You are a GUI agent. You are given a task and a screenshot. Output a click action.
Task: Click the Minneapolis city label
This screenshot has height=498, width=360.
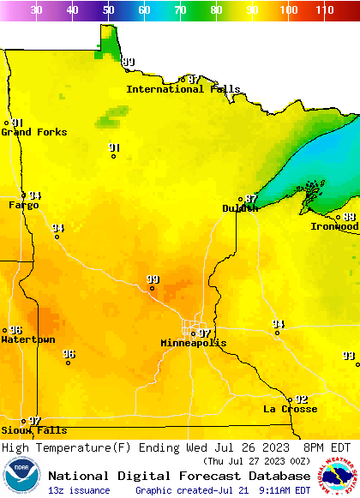coord(194,343)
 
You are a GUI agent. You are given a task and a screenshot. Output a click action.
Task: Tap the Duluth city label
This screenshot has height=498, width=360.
coord(240,208)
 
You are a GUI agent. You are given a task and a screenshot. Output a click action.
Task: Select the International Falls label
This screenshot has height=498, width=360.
coord(183,89)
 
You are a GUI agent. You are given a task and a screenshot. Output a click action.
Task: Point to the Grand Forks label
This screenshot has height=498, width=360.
coord(34,132)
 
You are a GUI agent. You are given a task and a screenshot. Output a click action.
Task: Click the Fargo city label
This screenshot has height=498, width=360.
coord(24,206)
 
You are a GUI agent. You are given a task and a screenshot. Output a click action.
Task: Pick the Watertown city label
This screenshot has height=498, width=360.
coord(28,340)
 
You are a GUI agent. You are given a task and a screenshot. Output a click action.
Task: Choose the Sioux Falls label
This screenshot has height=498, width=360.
coord(33,430)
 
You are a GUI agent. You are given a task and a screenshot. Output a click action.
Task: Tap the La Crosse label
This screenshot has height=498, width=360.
coord(290,409)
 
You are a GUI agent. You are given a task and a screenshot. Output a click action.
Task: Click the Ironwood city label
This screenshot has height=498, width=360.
coord(334,226)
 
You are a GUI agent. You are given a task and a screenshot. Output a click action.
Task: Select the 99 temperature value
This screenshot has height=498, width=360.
coord(153,279)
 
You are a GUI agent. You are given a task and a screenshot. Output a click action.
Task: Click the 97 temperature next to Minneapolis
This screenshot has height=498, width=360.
coord(204,333)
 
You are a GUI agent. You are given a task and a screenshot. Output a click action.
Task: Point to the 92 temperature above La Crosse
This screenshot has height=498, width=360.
coord(301,399)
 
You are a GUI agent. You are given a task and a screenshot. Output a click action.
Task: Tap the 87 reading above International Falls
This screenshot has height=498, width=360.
coord(195,80)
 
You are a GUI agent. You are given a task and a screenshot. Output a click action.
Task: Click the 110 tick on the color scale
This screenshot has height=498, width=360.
coord(324,10)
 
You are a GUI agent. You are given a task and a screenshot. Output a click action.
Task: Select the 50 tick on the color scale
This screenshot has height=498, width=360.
coord(108,10)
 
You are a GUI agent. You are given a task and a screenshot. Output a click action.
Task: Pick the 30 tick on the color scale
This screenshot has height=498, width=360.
coord(36,10)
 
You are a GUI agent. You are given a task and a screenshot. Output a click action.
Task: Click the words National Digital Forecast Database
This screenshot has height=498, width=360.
coord(179,476)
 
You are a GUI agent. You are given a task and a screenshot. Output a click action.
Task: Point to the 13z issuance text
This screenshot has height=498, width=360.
coord(79,490)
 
